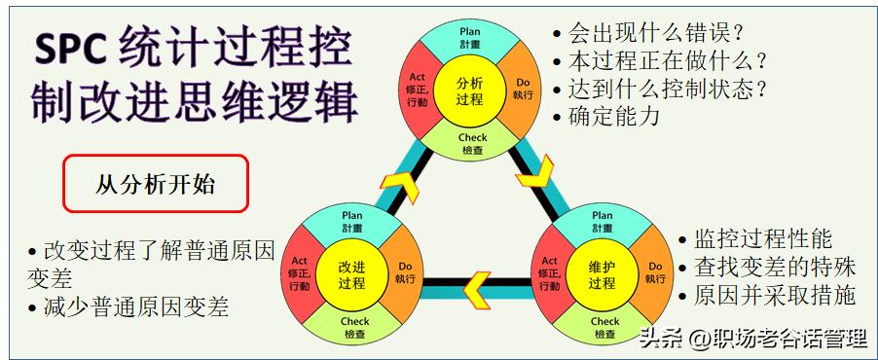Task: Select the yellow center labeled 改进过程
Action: [352, 274]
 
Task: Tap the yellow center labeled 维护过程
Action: [603, 274]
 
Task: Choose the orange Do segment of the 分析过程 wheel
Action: [523, 90]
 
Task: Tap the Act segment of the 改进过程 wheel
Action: [300, 274]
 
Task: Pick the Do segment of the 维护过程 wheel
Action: [655, 274]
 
